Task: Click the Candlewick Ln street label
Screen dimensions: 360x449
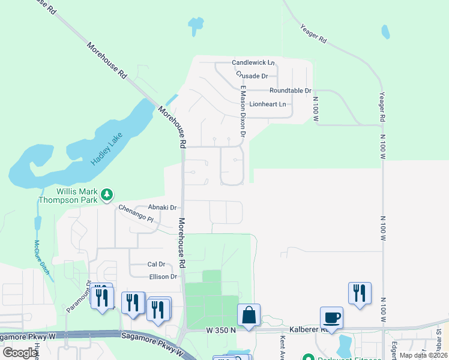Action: coord(253,62)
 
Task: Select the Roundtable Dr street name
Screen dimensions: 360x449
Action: coord(291,91)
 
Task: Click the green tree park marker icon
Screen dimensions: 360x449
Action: coord(107,194)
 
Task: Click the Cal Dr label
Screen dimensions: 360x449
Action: coord(156,264)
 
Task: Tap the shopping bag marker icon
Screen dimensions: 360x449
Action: coord(249,314)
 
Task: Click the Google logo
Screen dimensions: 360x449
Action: coord(20,353)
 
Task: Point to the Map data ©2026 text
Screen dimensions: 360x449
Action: coord(423,355)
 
